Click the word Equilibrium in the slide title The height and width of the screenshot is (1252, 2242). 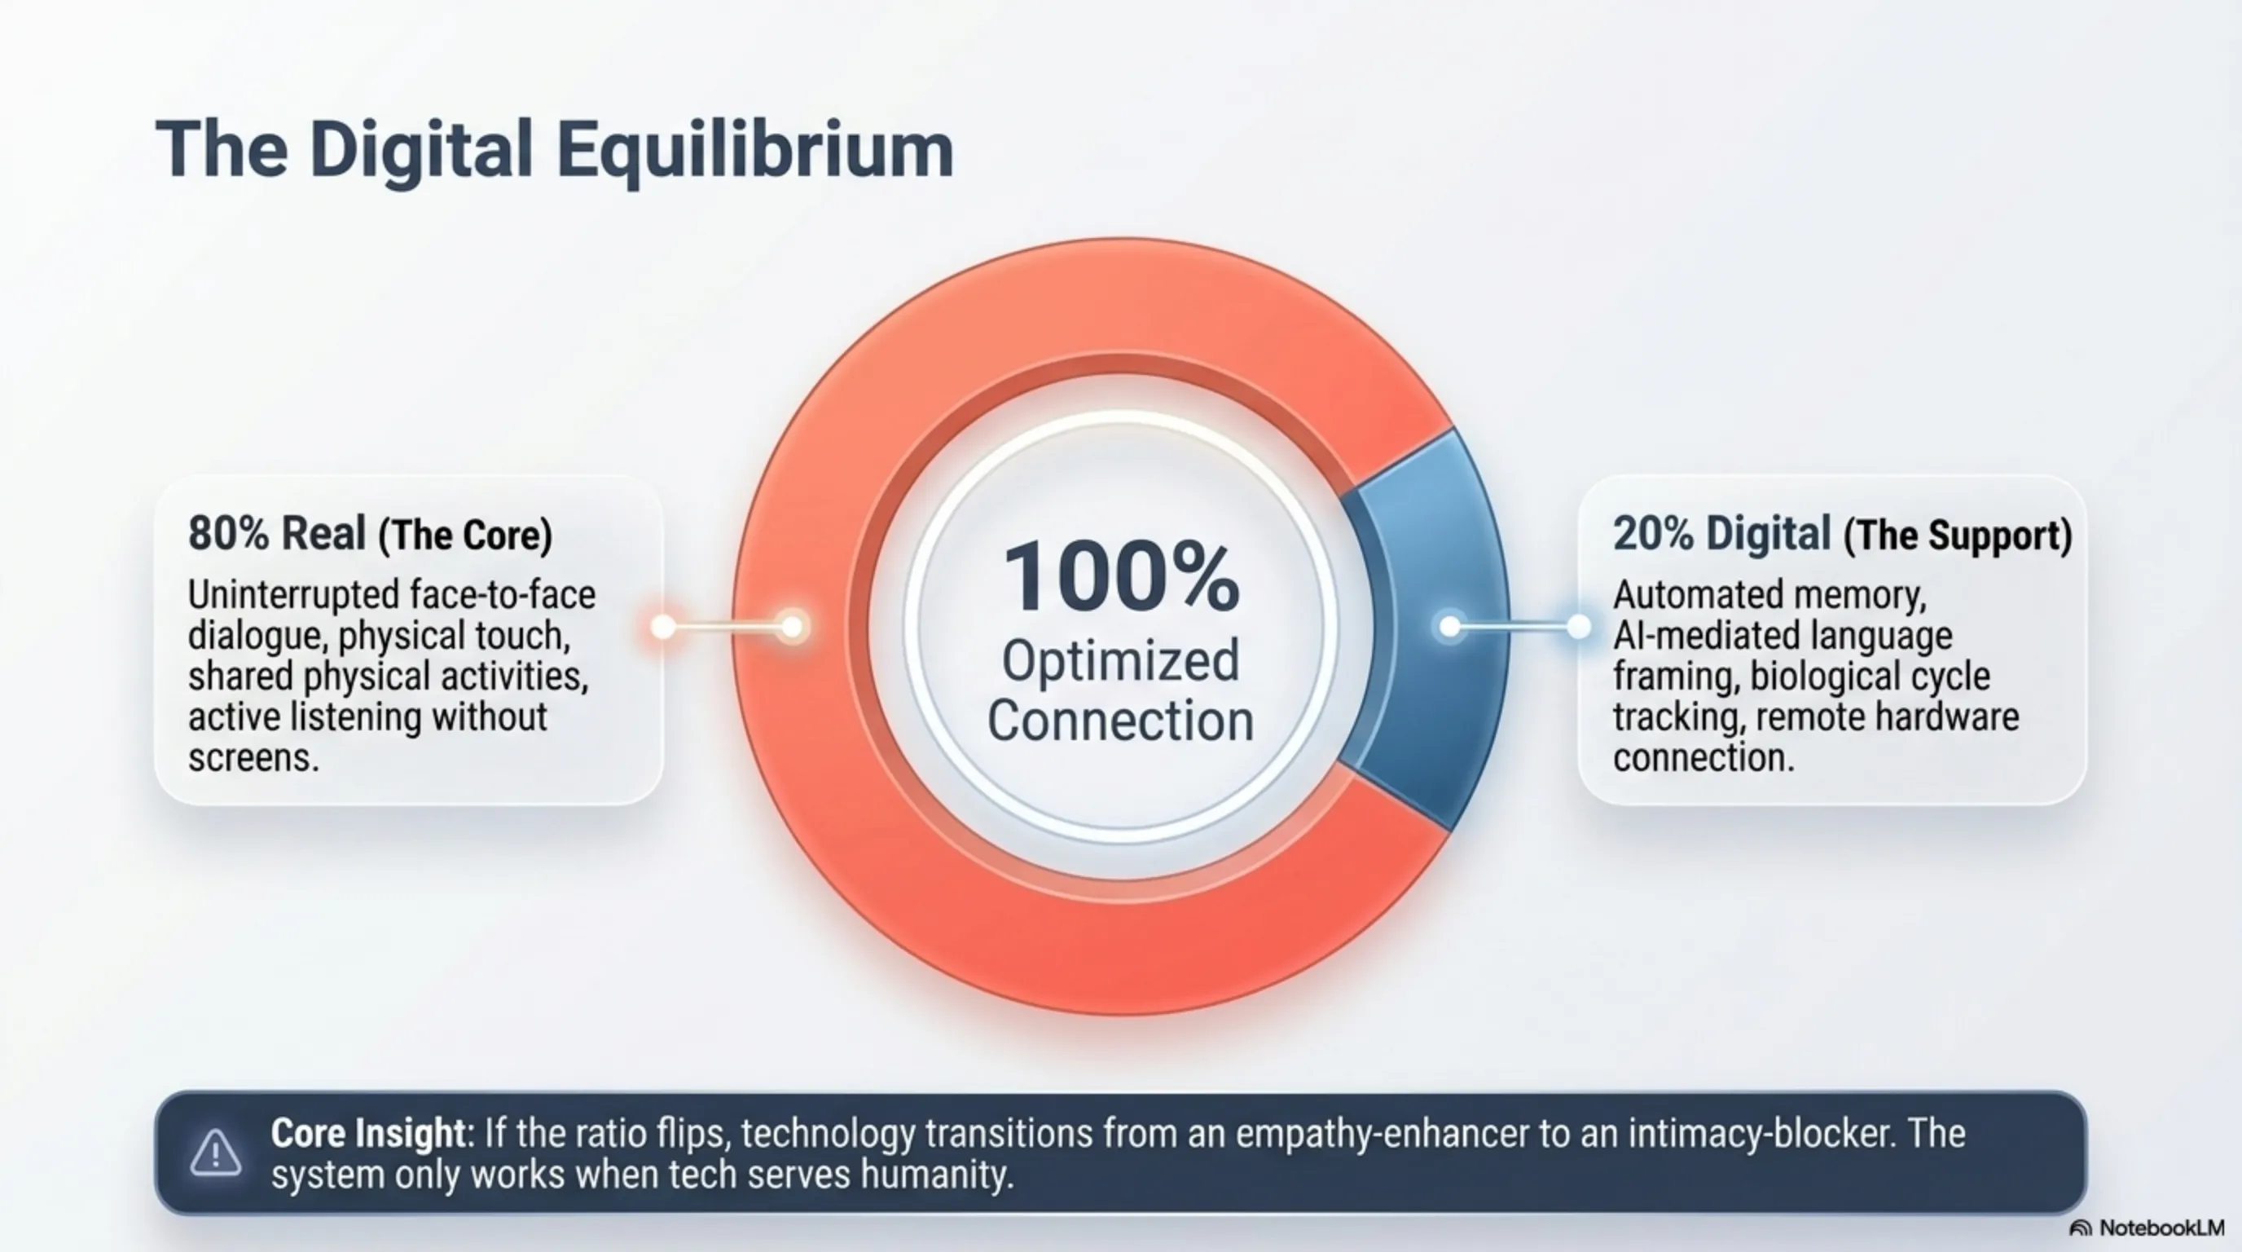click(754, 151)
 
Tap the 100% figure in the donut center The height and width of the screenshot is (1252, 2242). click(1121, 576)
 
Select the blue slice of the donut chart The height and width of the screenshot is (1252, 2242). click(1427, 627)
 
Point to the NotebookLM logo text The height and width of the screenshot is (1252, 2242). click(2161, 1228)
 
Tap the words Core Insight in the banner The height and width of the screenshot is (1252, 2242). click(369, 1133)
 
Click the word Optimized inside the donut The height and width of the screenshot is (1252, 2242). click(1121, 661)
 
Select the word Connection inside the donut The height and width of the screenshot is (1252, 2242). click(1121, 720)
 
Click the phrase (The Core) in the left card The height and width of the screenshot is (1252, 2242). click(466, 535)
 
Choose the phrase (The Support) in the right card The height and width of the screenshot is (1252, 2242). click(1958, 535)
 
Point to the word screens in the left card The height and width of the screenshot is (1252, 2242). click(253, 757)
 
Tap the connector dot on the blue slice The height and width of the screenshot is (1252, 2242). click(1449, 626)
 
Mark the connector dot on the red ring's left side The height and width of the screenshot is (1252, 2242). click(792, 626)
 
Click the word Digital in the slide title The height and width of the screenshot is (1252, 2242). click(421, 151)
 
